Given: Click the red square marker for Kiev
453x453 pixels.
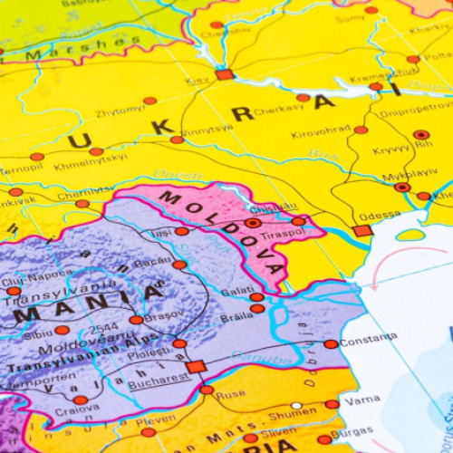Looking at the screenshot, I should (224, 74).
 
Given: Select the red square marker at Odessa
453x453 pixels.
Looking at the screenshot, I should (362, 230).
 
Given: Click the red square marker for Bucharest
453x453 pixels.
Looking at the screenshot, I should (196, 367).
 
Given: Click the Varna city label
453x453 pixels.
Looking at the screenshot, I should (362, 400).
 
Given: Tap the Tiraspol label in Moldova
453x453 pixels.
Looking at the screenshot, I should (281, 234).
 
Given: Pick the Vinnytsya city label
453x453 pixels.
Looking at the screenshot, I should (207, 129).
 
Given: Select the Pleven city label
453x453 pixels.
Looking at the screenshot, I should (157, 420).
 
